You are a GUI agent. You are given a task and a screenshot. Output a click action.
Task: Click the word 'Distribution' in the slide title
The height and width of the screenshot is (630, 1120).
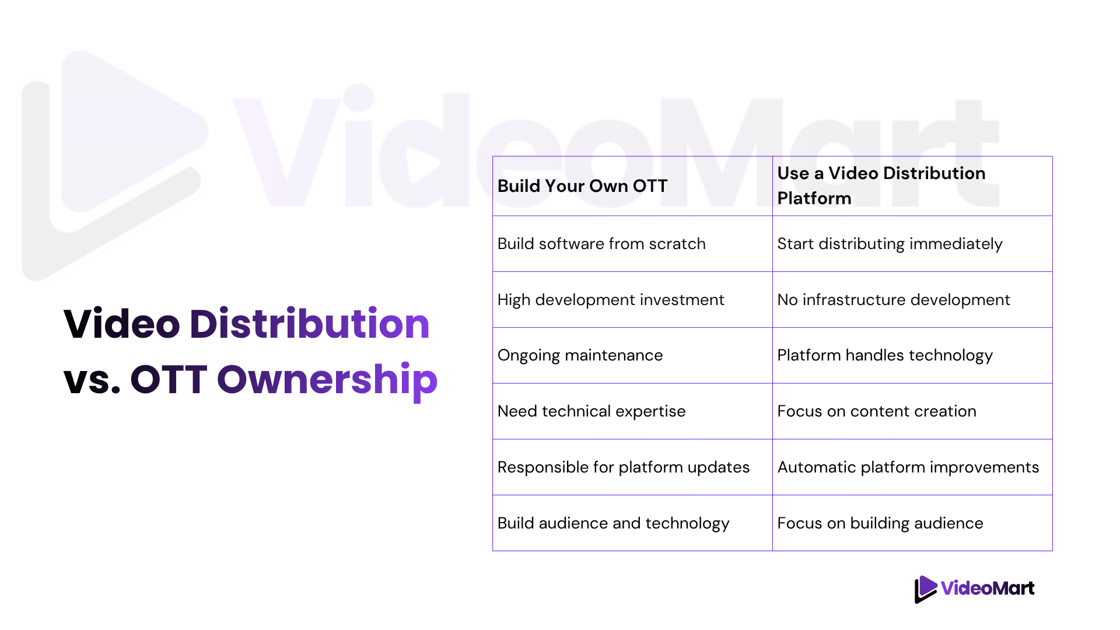[310, 324]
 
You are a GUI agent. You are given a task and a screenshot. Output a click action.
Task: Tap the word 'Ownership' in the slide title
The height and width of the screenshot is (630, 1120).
[327, 380]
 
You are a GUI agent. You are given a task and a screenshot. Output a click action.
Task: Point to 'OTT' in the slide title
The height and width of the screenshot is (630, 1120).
[169, 380]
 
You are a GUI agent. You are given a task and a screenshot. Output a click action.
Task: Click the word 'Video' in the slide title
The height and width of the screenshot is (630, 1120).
[122, 324]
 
